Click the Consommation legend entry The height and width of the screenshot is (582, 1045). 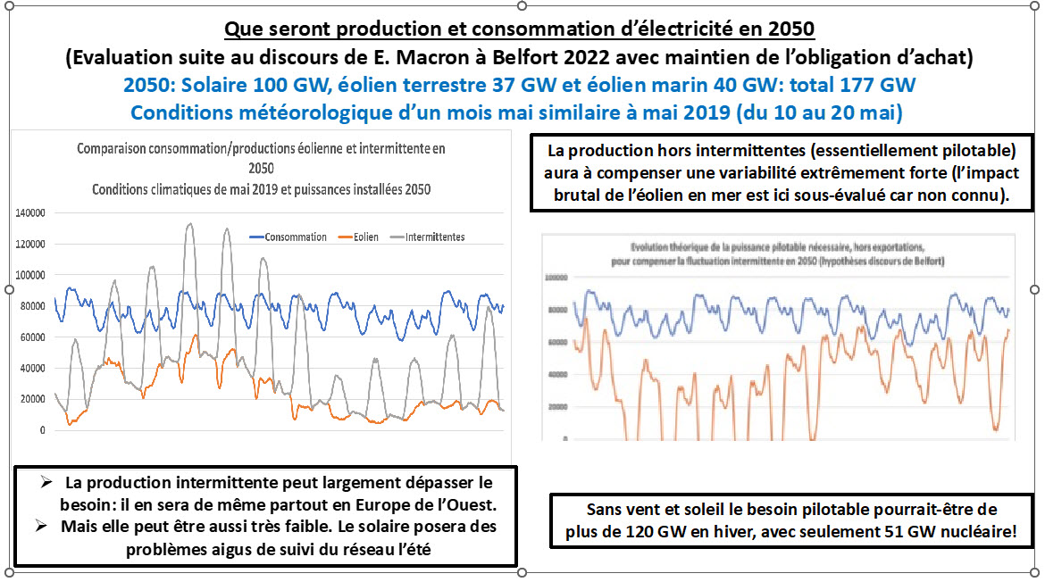[296, 237]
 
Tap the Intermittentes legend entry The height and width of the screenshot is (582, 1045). [435, 237]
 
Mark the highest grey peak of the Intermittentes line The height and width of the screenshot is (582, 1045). [189, 224]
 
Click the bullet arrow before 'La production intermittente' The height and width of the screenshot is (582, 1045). [45, 483]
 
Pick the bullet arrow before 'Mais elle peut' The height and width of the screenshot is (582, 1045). [45, 526]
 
